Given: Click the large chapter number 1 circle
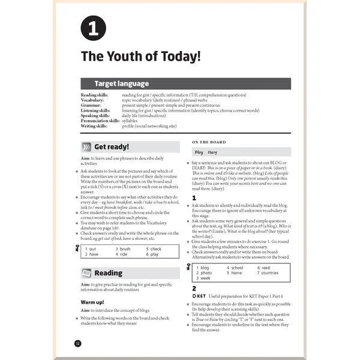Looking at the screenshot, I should [93, 28].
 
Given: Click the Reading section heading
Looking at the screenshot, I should [108, 273].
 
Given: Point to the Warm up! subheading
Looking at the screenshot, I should [92, 301].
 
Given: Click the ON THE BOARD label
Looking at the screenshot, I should [209, 142].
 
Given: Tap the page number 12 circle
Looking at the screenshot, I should [77, 343].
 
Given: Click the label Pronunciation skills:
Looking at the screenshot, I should [100, 121].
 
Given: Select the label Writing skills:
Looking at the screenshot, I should [95, 126].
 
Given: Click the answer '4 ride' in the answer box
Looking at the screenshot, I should [124, 254].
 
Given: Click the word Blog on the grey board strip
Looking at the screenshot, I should [199, 152].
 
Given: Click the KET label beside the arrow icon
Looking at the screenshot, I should [201, 296].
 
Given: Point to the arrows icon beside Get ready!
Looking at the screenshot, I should [86, 147].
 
